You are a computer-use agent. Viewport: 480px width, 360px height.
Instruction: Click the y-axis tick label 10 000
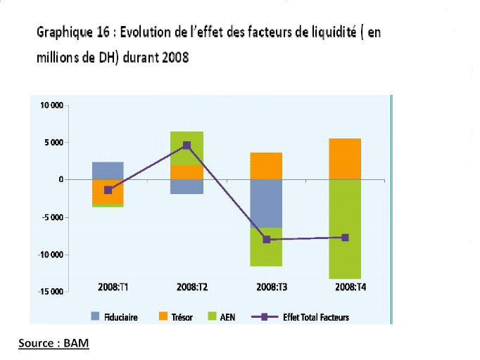click(x=53, y=105)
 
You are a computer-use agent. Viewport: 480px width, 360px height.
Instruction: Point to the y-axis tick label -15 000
click(x=51, y=291)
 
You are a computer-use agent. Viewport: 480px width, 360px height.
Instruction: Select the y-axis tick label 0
click(x=61, y=180)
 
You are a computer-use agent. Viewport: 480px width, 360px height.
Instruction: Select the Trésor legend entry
click(x=175, y=317)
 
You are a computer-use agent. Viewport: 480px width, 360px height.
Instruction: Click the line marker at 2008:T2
click(x=187, y=146)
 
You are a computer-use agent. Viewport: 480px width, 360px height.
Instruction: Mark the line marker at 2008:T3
click(x=266, y=240)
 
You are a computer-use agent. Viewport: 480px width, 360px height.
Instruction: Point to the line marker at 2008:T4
click(x=345, y=238)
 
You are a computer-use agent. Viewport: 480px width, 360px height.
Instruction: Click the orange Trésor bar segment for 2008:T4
click(x=345, y=159)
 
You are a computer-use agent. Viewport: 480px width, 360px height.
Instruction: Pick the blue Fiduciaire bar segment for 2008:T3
click(x=266, y=203)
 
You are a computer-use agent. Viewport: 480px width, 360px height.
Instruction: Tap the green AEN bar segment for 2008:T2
click(x=187, y=148)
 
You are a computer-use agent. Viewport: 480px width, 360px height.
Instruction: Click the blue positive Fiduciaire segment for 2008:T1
click(x=108, y=170)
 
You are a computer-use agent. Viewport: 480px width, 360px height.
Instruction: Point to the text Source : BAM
click(x=54, y=344)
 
